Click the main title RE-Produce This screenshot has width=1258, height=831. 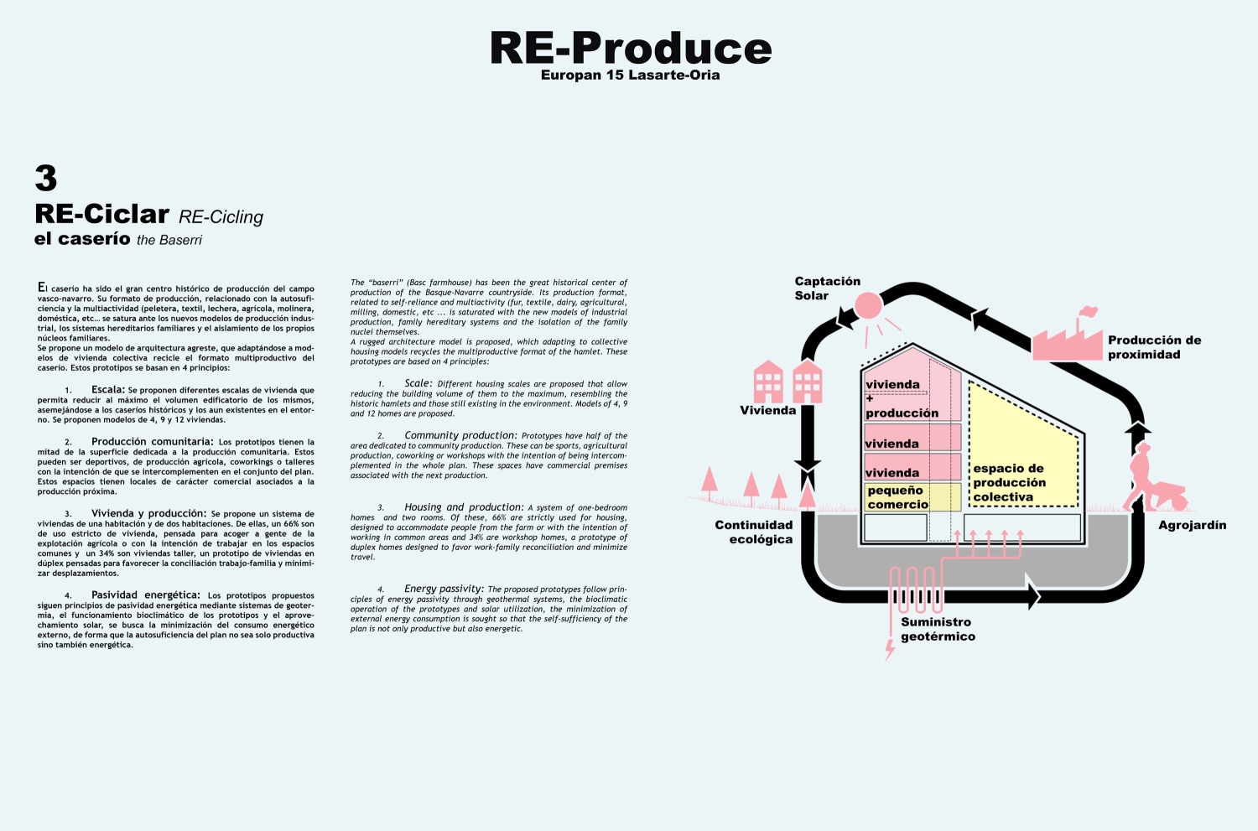point(631,48)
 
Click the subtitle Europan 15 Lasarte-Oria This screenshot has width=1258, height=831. point(630,75)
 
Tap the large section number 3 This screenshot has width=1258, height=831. point(45,178)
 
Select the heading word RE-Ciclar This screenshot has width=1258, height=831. point(101,214)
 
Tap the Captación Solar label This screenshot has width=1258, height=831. point(827,288)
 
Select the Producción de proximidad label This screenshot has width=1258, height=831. point(1154,347)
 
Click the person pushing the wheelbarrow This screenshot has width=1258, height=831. point(1154,477)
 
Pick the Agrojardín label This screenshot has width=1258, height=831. point(1192,526)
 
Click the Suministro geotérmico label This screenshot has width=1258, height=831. point(938,630)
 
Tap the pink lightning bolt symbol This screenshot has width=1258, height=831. point(890,650)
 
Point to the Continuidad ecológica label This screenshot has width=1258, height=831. point(754,532)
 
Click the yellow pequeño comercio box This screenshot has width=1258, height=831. point(912,497)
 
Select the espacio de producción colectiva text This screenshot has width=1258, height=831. point(1009,483)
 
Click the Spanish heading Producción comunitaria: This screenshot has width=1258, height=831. point(152,442)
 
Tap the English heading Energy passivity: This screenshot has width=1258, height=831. point(444,589)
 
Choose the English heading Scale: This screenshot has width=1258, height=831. point(418,383)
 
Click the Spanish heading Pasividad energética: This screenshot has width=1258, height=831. point(146,595)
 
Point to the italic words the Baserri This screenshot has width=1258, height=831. point(169,241)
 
